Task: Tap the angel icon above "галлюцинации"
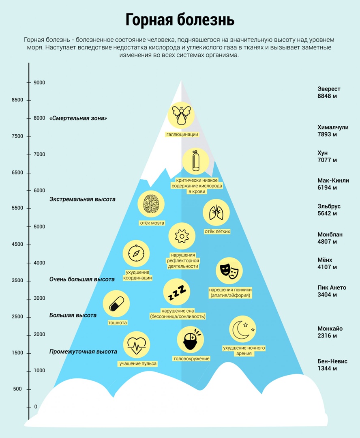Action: [181, 115]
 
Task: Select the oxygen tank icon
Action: [195, 161]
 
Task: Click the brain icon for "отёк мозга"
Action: [151, 204]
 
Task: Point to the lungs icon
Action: [216, 213]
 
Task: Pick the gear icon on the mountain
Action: [182, 236]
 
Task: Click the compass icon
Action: [136, 253]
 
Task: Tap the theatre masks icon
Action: [229, 271]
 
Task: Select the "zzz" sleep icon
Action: [177, 292]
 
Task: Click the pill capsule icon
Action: [116, 304]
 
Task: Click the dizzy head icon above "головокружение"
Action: [191, 339]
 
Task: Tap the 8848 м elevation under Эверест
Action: [327, 96]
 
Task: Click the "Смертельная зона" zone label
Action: [78, 118]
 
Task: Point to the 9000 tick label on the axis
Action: [39, 82]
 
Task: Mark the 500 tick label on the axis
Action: [17, 389]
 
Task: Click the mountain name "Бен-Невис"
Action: [332, 361]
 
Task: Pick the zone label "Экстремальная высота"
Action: [82, 199]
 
